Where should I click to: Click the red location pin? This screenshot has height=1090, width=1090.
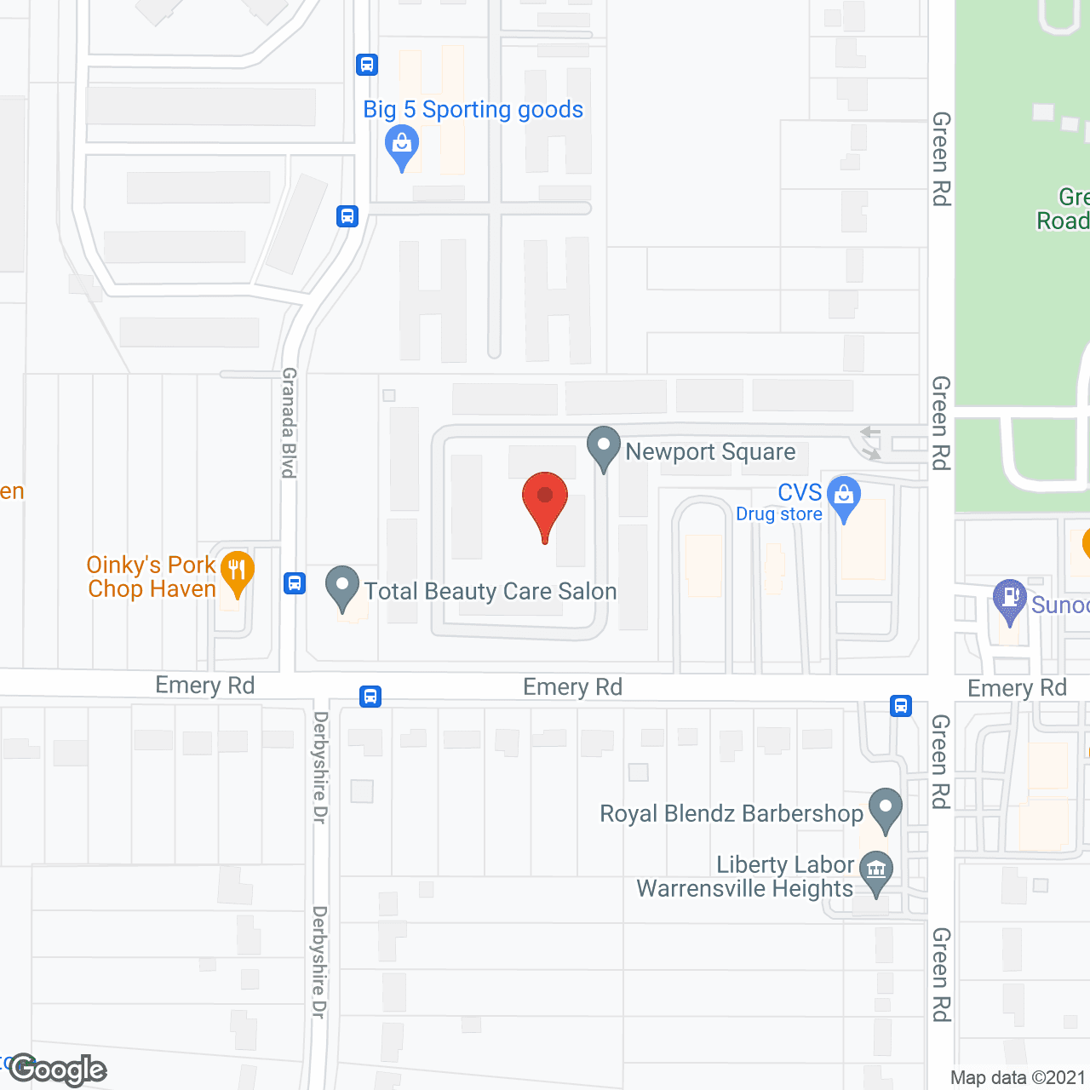[x=545, y=502]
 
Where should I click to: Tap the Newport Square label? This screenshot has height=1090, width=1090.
[x=710, y=451]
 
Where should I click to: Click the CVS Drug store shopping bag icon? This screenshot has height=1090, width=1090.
[x=844, y=497]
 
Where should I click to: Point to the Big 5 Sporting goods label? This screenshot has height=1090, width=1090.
[x=473, y=110]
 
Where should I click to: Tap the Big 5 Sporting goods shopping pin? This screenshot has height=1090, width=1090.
[x=402, y=146]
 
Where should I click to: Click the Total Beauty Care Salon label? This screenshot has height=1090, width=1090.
[x=490, y=591]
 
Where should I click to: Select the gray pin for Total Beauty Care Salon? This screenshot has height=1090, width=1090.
[x=342, y=587]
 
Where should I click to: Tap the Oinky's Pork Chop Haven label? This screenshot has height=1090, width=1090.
[x=152, y=577]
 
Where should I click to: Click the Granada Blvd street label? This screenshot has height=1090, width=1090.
[x=290, y=422]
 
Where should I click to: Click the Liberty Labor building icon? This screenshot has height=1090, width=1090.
[x=876, y=872]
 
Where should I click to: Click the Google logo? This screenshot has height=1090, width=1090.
[x=58, y=1070]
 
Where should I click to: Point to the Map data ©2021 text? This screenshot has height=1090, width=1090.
[x=1018, y=1078]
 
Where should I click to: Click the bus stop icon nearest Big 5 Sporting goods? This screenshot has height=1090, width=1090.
[x=367, y=65]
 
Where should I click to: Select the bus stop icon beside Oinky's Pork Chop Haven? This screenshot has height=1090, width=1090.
[x=295, y=583]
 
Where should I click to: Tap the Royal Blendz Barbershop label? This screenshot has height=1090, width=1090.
[x=731, y=813]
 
